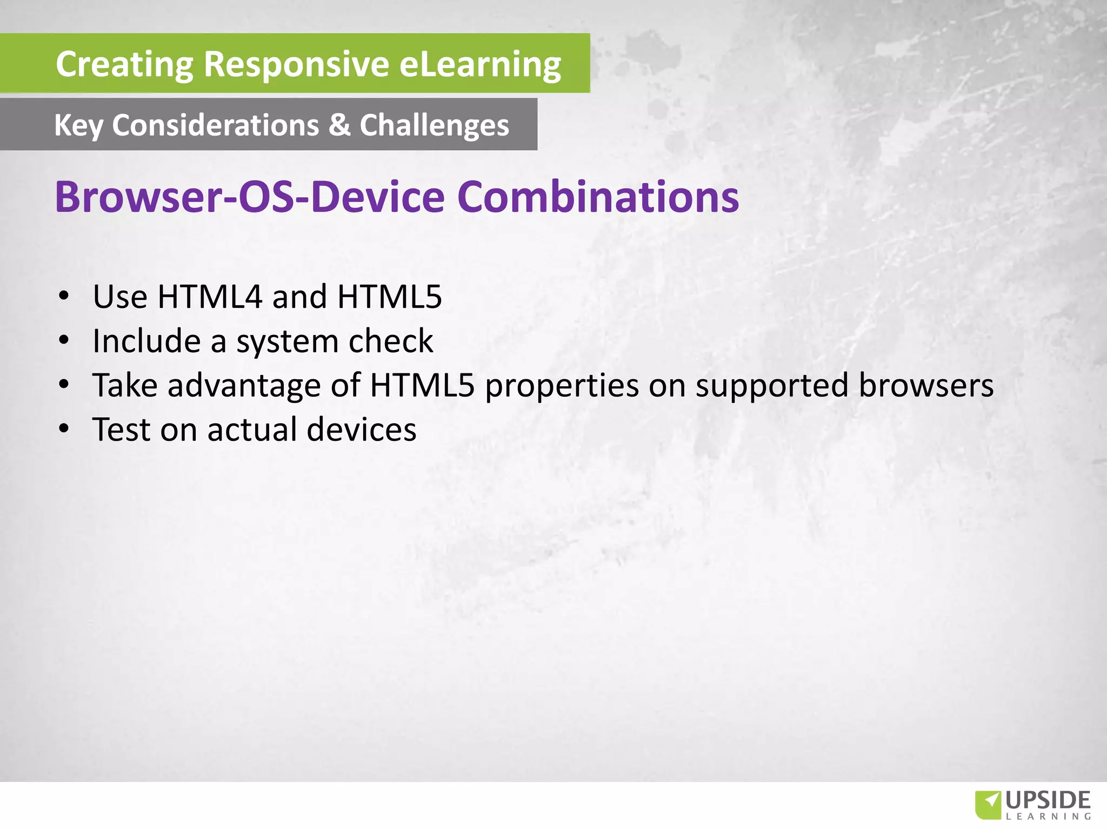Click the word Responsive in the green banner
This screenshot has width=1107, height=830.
pyautogui.click(x=296, y=64)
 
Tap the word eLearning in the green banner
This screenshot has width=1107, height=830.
pyautogui.click(x=480, y=64)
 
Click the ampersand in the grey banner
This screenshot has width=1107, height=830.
pyautogui.click(x=339, y=125)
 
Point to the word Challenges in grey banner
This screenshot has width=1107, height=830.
pyautogui.click(x=434, y=126)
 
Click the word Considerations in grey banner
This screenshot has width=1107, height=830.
pyautogui.click(x=215, y=125)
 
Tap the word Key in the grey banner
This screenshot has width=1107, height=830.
pyautogui.click(x=78, y=126)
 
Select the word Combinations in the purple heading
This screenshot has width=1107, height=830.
pyautogui.click(x=598, y=197)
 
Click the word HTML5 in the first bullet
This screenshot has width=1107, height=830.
pyautogui.click(x=389, y=297)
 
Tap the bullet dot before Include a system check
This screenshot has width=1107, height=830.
pyautogui.click(x=64, y=340)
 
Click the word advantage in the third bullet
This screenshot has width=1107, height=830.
pyautogui.click(x=244, y=386)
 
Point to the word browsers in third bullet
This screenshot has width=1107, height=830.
pyautogui.click(x=926, y=385)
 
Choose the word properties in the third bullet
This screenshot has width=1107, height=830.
pyautogui.click(x=562, y=386)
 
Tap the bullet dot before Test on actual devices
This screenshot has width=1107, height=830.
pyautogui.click(x=64, y=429)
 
